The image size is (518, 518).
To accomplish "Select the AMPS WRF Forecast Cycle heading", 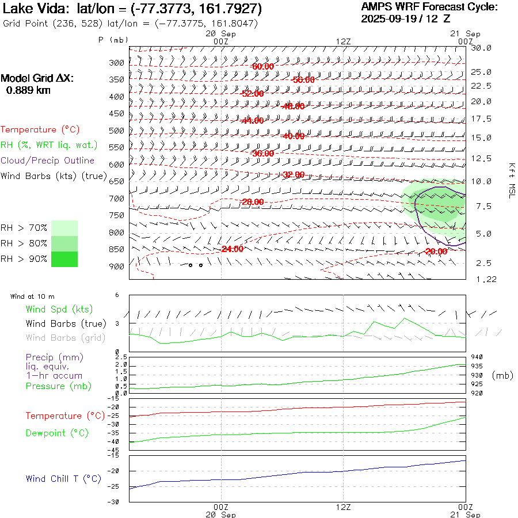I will (x=429, y=7).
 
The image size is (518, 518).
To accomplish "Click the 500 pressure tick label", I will (x=117, y=131).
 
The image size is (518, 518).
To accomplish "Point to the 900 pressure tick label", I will (x=117, y=266).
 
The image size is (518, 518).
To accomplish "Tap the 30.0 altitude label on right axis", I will (x=481, y=48).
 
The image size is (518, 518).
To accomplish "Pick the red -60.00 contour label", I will (x=263, y=67).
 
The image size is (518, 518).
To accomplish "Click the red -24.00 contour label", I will (x=233, y=249).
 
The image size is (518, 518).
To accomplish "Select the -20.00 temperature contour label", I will (x=436, y=252).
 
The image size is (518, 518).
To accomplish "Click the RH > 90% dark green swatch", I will (x=64, y=259).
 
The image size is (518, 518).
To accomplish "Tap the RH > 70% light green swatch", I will (x=64, y=227).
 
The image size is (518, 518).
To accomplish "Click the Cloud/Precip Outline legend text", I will (x=47, y=161).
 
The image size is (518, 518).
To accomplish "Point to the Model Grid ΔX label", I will (x=37, y=78).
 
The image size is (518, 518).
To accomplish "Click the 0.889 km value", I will (x=28, y=90).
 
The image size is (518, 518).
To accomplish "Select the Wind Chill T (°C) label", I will (x=63, y=479).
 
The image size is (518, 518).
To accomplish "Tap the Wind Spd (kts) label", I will (x=59, y=310).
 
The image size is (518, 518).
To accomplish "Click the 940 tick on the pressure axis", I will (x=477, y=357).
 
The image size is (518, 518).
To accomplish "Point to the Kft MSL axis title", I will (x=510, y=180).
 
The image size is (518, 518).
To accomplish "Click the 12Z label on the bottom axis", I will (x=343, y=507).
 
